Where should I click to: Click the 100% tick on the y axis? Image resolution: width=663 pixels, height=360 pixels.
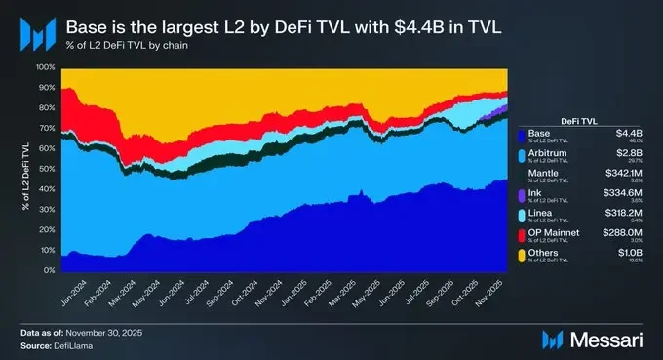tap(46, 67)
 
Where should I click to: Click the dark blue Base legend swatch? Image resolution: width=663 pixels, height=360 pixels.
tap(522, 135)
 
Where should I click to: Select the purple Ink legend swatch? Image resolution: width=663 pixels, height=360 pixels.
tap(522, 196)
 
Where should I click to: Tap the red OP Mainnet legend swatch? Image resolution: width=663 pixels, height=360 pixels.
tap(522, 237)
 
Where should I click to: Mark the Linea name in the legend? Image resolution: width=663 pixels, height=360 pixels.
tap(541, 213)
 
